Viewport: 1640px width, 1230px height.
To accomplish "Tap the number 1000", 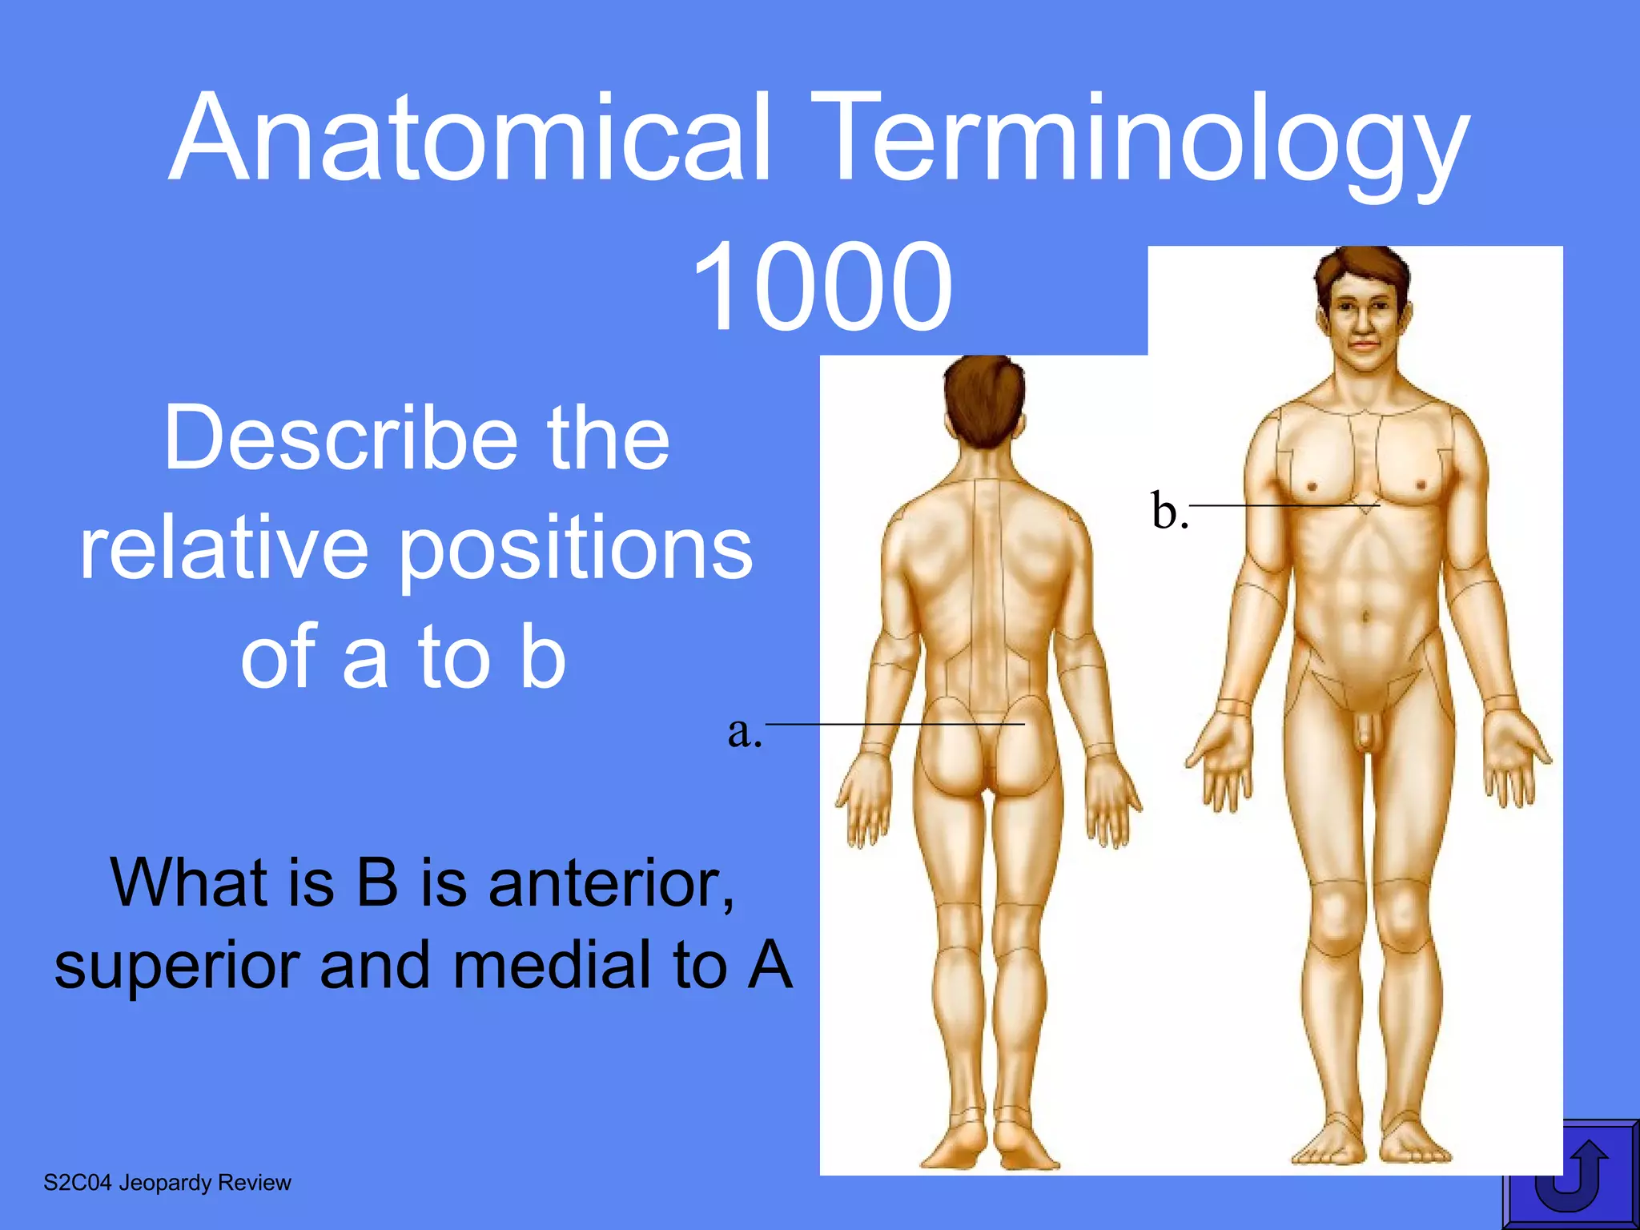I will click(x=822, y=287).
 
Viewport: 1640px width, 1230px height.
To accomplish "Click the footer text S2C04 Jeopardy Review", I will click(x=167, y=1183).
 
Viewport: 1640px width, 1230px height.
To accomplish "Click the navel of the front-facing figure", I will click(x=1366, y=617).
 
